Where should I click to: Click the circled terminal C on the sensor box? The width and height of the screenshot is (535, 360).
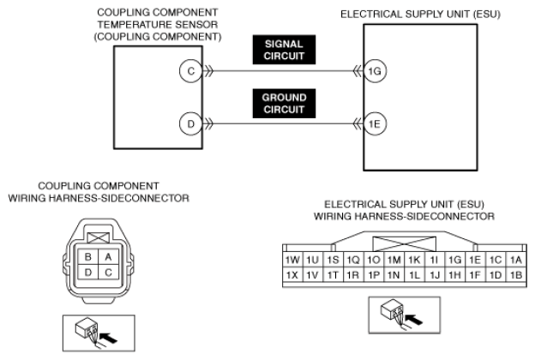coord(190,71)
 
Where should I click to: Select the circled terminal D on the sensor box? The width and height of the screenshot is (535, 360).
coord(190,123)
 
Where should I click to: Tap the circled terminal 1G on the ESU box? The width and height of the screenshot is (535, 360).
coord(375,71)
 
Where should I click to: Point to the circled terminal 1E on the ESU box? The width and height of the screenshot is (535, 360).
coord(375,123)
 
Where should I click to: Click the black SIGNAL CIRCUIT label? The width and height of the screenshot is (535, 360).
coord(284,50)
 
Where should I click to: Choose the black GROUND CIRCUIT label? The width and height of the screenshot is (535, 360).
coord(284,104)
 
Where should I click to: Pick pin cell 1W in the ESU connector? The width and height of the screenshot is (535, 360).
coord(292,260)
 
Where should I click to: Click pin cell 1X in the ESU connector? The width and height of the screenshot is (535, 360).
coord(292,275)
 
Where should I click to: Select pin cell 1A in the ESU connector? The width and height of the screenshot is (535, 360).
coord(516,260)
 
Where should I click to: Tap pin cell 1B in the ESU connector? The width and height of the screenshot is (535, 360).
coord(516,275)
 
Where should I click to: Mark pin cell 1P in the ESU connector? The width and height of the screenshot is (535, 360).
coord(374,275)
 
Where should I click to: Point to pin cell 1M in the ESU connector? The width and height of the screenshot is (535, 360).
coord(394,260)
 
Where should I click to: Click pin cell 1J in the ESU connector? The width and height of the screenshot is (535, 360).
coord(435,275)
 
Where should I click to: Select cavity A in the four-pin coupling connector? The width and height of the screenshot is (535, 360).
coord(109,256)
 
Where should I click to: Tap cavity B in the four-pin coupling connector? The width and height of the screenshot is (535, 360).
coord(88,256)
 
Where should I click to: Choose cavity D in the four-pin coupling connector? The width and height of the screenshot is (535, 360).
coord(88,273)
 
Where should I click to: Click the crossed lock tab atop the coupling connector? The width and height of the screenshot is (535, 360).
coord(99,237)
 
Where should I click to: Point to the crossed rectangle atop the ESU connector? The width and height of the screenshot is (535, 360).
coord(405,244)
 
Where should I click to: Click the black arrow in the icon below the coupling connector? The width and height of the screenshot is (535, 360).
coord(109,338)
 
